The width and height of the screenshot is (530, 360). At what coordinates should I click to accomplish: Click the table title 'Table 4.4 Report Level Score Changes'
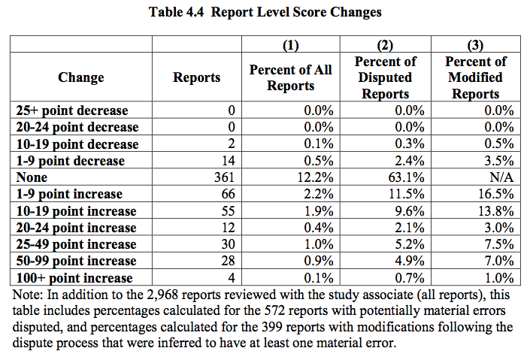tap(265, 12)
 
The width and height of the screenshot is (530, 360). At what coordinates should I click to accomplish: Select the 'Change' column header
tap(80, 77)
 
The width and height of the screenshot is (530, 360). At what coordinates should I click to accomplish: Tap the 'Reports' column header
tap(197, 77)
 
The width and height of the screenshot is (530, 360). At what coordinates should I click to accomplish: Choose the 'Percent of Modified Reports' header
tap(476, 77)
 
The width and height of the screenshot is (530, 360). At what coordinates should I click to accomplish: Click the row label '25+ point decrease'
tap(72, 110)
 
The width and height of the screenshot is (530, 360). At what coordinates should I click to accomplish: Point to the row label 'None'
tap(32, 177)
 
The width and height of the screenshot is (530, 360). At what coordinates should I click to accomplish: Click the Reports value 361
tap(224, 177)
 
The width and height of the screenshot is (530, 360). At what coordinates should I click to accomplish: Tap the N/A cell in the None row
tap(500, 177)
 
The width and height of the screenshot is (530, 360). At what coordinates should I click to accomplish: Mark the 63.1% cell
tap(407, 177)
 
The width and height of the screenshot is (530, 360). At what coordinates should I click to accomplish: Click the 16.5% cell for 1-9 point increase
tap(496, 194)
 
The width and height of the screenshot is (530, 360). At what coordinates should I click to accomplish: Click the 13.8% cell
tap(496, 210)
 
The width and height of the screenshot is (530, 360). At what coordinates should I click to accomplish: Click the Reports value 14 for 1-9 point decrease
tap(228, 161)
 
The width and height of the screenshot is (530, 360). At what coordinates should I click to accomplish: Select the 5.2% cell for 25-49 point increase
tap(410, 244)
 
